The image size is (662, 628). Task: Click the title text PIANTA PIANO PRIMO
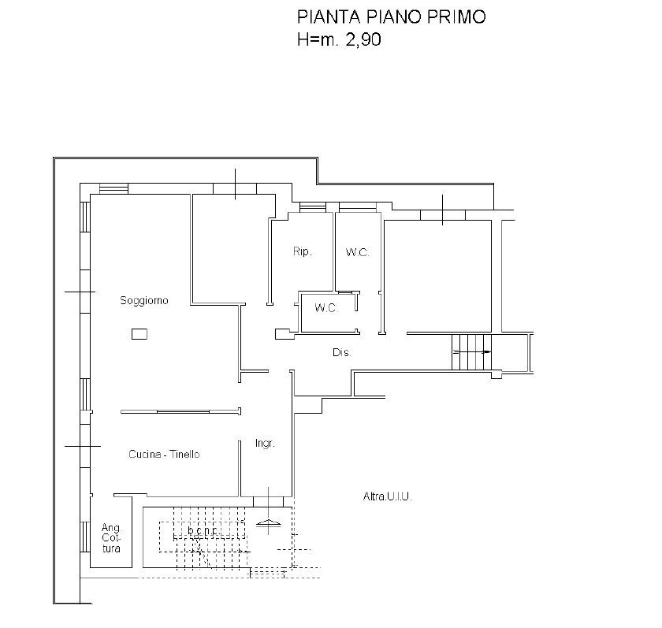392,17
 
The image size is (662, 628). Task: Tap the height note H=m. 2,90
339,39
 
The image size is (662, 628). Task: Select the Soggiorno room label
144,300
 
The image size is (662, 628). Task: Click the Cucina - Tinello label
164,454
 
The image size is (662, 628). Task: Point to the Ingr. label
265,444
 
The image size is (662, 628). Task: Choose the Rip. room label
303,251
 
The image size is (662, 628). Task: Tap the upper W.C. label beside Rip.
357,252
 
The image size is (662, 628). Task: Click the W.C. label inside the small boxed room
326,308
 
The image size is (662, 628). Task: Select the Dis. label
341,352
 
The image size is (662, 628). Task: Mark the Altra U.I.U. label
387,496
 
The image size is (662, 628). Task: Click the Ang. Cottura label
111,538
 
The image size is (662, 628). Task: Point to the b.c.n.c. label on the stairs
203,530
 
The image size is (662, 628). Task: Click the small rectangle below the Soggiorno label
139,334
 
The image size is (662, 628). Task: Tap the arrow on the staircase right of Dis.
472,351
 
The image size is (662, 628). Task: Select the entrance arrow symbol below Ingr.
269,523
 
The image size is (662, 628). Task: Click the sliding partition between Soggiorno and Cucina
180,411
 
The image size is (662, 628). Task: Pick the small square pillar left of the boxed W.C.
282,334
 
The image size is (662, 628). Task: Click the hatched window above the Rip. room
313,206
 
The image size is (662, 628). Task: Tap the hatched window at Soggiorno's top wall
113,188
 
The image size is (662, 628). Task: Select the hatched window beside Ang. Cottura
85,537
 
